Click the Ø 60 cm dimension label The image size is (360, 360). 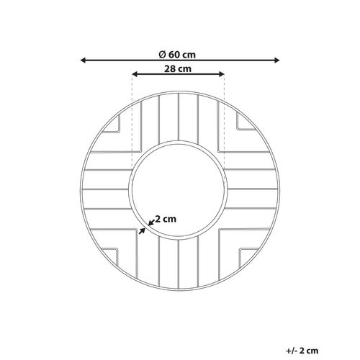(x=177, y=55)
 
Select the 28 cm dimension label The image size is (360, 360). (x=178, y=69)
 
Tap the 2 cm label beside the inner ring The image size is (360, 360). (x=166, y=219)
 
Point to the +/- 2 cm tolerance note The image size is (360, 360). (x=302, y=351)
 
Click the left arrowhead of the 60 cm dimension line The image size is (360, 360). (x=84, y=60)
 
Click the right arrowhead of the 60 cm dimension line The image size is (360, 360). (x=276, y=60)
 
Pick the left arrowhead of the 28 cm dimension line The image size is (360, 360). (x=135, y=74)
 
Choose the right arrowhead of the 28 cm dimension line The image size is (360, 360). (x=221, y=74)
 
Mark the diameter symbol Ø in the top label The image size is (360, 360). (x=162, y=55)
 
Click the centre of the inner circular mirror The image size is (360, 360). (x=179, y=190)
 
